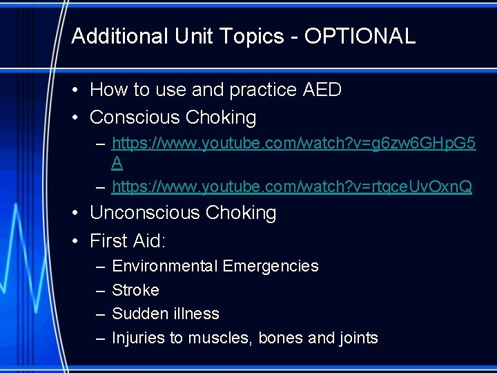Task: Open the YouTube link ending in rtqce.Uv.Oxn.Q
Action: pos(292,186)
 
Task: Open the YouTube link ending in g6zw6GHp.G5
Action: pos(293,144)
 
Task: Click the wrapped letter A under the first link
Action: pos(117,163)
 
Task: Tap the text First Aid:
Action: pos(128,241)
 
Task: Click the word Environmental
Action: pos(163,266)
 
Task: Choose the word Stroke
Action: pos(135,290)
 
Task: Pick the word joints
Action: pos(358,338)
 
